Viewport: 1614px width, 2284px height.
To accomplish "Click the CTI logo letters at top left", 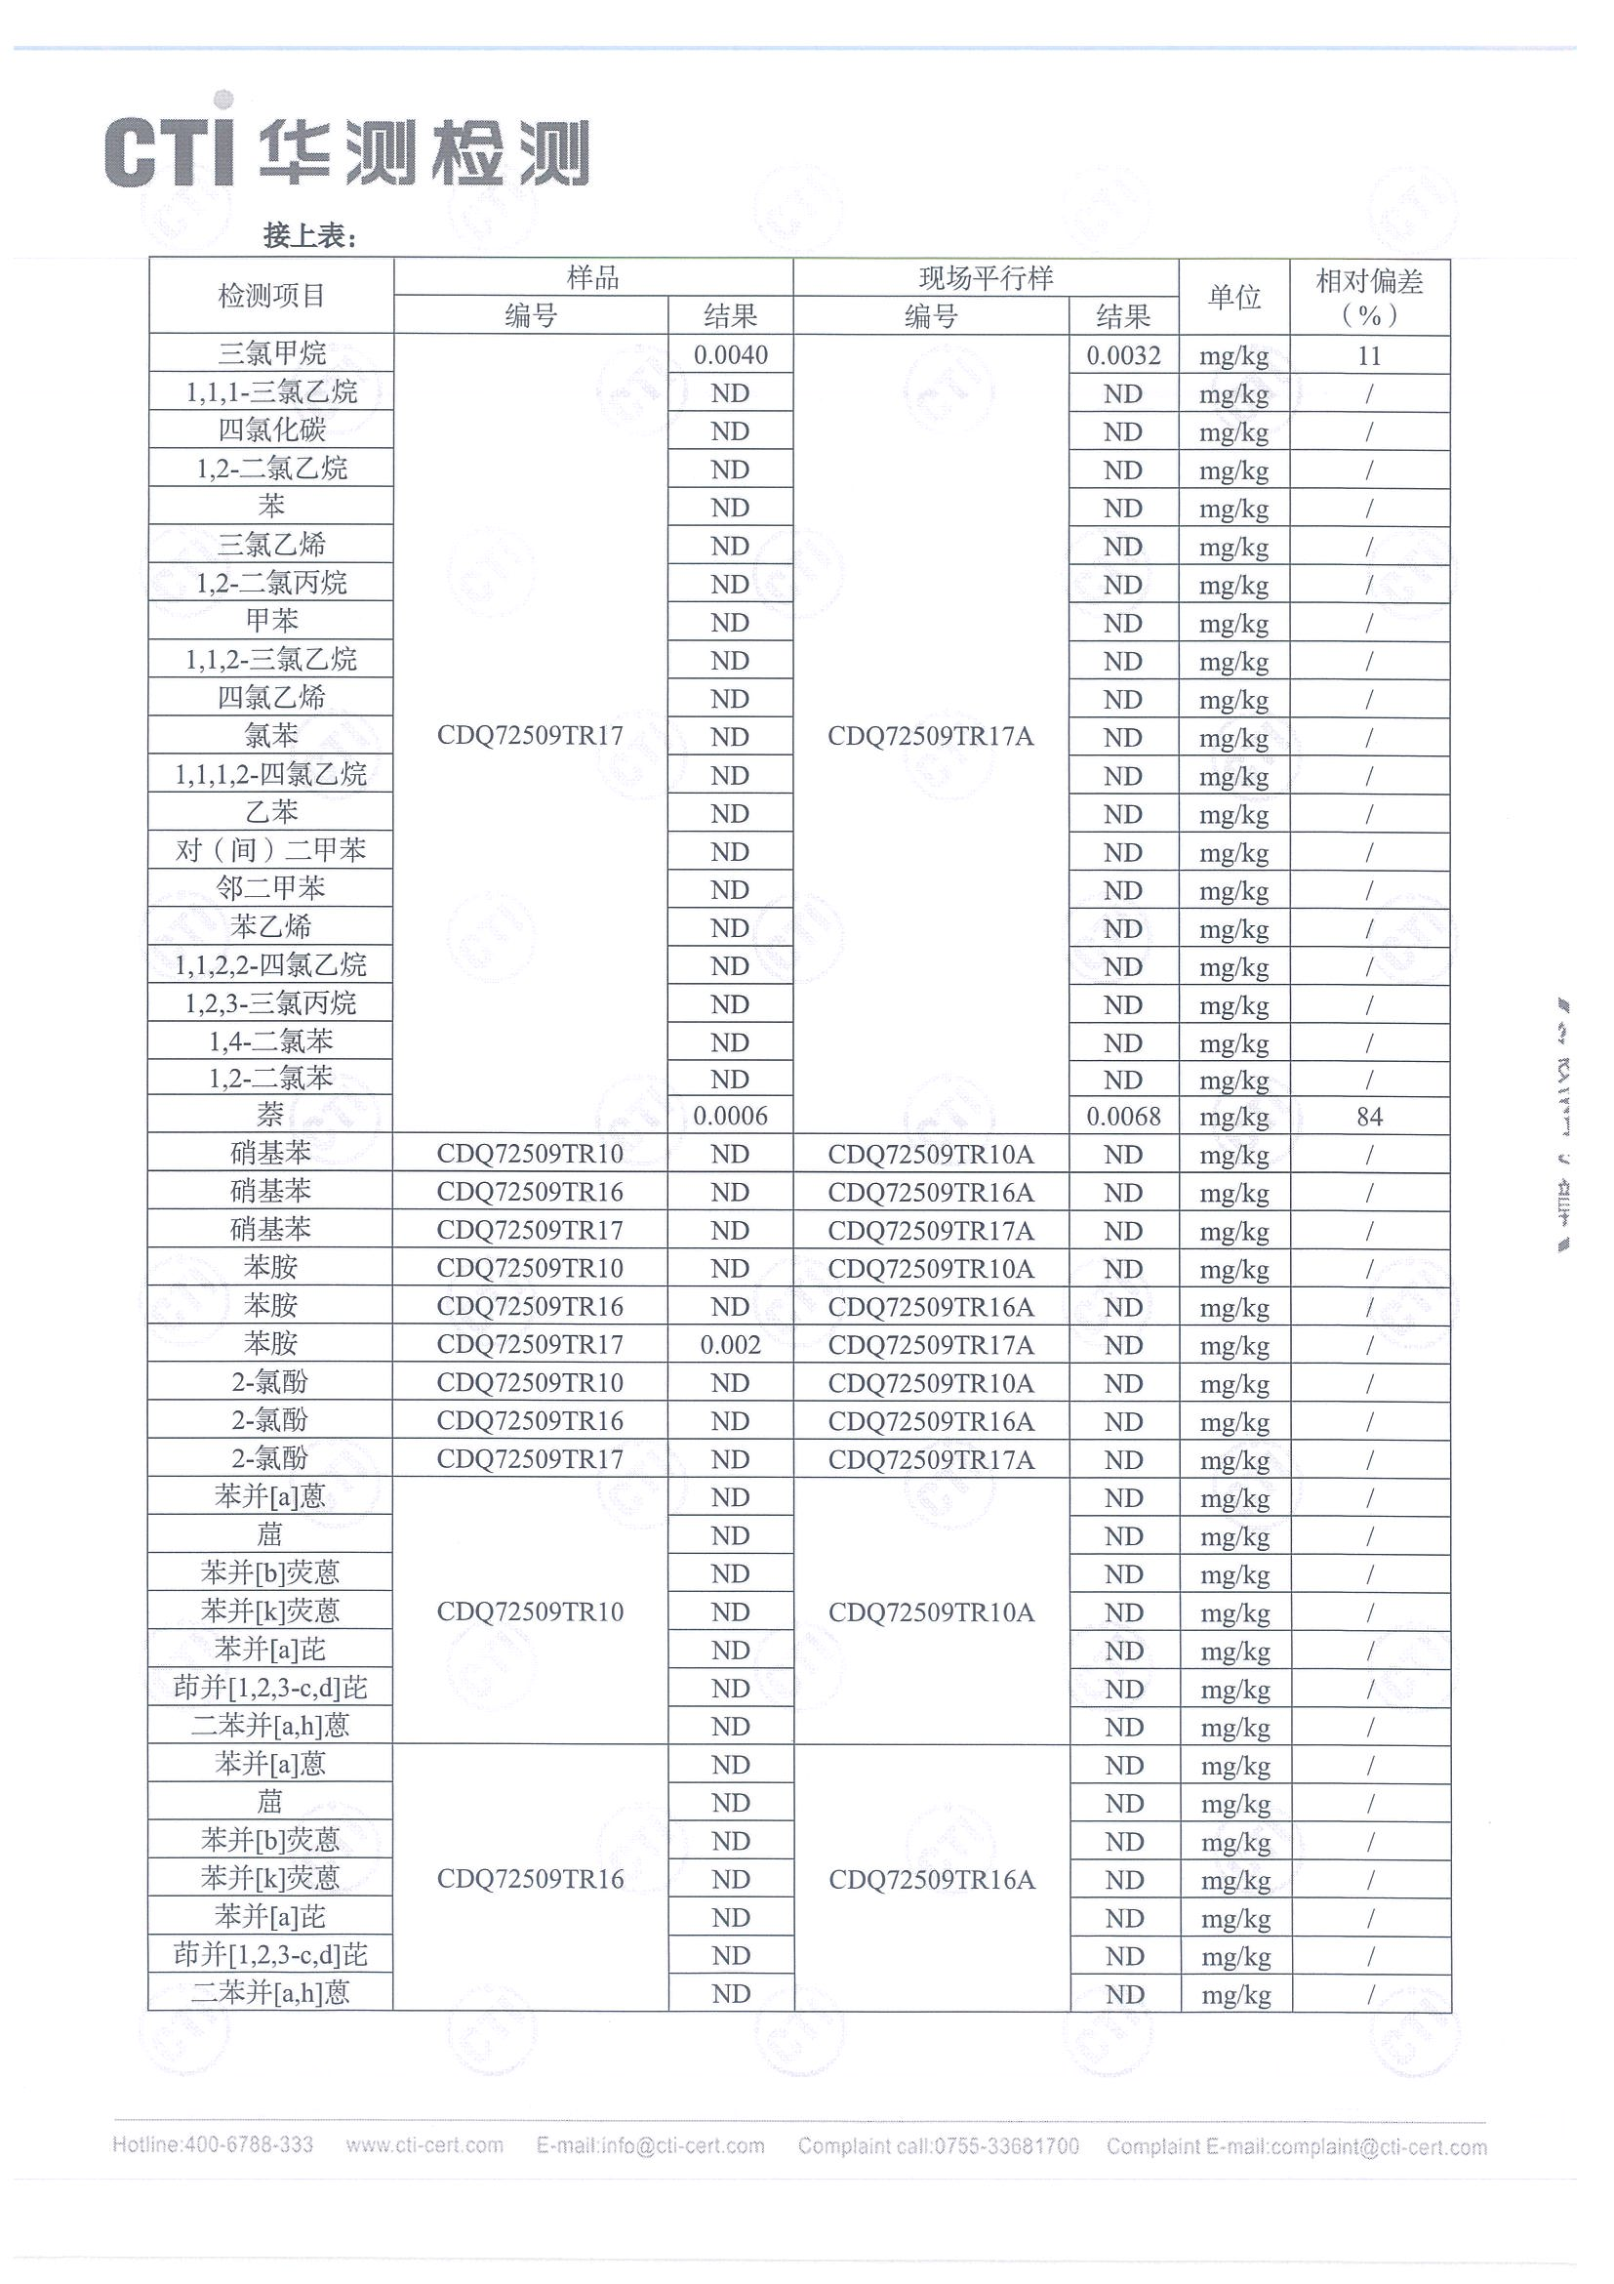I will (x=169, y=152).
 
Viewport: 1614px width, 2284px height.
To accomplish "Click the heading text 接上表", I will (x=308, y=236).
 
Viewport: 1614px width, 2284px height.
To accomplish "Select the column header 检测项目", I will (x=270, y=296).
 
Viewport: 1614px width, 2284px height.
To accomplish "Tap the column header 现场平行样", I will (x=985, y=277).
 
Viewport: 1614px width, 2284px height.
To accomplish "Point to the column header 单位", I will (x=1233, y=297).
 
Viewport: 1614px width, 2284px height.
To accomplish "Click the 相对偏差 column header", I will (x=1368, y=297).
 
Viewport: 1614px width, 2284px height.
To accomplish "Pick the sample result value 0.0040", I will (x=730, y=355).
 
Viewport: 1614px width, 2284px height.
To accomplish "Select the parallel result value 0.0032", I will (x=1123, y=355).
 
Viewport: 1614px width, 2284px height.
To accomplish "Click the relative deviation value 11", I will (x=1368, y=356).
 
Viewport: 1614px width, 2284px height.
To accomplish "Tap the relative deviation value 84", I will (x=1368, y=1117).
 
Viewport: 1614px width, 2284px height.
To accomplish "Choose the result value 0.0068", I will (x=1123, y=1117).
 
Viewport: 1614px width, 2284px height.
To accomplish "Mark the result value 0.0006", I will (x=730, y=1117).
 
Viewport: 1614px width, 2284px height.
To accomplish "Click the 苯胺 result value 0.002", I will (x=730, y=1345).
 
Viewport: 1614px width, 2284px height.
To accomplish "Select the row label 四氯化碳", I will (x=270, y=429).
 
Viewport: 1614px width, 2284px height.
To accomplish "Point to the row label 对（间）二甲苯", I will (x=270, y=850).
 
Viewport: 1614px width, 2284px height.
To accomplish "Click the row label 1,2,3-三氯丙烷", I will (x=270, y=1002).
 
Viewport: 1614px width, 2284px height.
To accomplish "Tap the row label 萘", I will (x=270, y=1114).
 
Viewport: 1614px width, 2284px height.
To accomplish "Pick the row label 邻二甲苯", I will (x=270, y=888).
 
